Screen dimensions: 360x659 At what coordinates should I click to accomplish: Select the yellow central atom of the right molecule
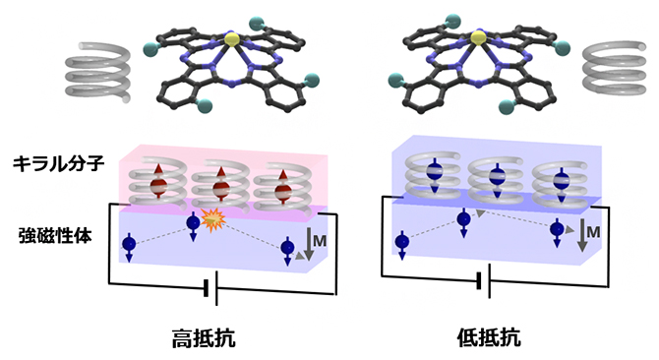[477, 38]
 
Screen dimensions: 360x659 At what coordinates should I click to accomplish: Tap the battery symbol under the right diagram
[482, 282]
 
